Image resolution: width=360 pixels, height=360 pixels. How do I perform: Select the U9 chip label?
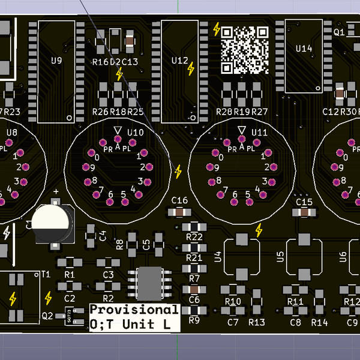[57, 61]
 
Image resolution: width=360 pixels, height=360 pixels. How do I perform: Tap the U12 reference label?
[179, 61]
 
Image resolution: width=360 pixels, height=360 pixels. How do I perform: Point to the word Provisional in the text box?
[134, 310]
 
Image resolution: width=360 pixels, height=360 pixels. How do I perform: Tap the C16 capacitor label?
[179, 200]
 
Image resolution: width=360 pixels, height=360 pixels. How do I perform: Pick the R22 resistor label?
[194, 237]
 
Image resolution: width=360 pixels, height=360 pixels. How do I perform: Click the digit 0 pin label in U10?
[97, 158]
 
